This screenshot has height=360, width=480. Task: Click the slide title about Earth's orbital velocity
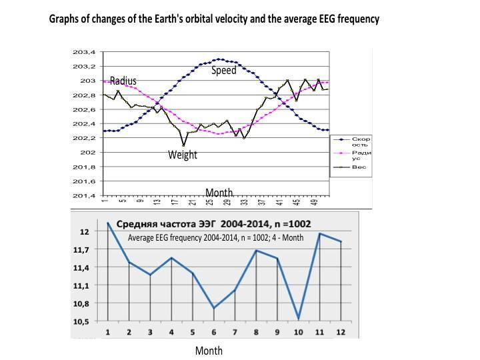pos(214,19)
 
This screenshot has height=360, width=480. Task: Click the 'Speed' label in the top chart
pos(224,70)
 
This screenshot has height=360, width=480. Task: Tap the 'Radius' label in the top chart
pos(123,81)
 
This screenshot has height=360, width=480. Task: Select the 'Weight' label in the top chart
pos(182,155)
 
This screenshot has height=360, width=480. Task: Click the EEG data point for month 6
pos(213,308)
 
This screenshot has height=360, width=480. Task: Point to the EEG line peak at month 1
pos(108,222)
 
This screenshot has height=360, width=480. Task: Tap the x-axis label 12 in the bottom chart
pos(341,331)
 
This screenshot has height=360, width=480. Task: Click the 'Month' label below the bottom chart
pos(209,351)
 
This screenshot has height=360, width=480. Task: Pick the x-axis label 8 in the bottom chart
pos(256,331)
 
